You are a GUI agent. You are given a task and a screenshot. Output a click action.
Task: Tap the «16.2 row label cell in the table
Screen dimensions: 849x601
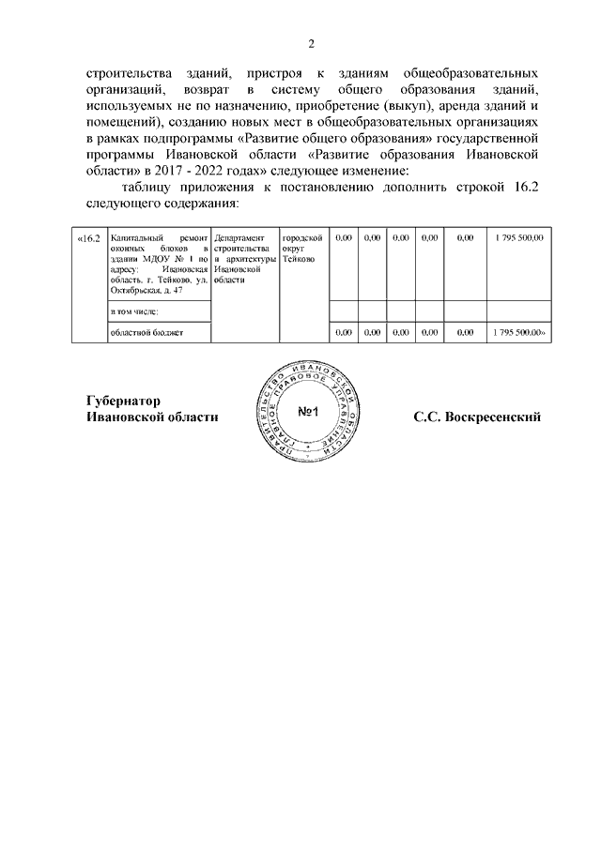point(88,239)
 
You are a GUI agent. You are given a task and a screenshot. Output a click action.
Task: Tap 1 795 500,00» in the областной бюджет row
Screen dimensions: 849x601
point(519,332)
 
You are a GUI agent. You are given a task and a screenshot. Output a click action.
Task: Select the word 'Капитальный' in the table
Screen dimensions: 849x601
point(136,239)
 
